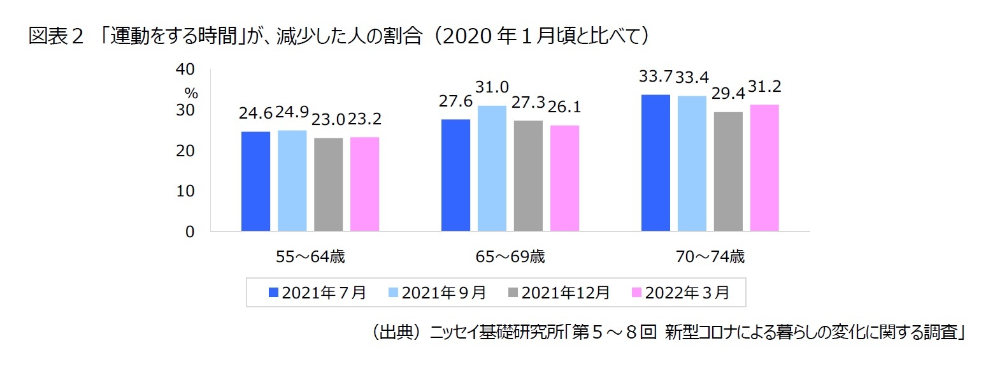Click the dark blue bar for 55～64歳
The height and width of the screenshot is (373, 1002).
[x=255, y=181]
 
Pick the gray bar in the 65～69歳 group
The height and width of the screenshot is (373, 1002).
[x=528, y=175]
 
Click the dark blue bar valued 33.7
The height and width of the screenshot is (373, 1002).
[x=655, y=163]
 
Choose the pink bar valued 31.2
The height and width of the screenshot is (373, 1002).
[x=764, y=167]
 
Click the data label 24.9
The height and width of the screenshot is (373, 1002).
[x=292, y=112]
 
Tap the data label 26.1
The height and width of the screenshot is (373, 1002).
[x=564, y=107]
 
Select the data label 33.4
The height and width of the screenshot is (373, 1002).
[x=692, y=78]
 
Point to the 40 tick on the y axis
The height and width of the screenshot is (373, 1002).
[x=185, y=69]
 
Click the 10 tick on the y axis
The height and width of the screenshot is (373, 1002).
[x=185, y=191]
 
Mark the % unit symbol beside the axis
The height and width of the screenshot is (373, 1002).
[x=191, y=94]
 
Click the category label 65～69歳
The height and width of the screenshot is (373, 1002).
[x=510, y=256]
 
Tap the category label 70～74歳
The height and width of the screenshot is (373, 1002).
[x=710, y=256]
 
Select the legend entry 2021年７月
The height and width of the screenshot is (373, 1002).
[x=317, y=293]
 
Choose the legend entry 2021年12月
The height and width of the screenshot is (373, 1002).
[x=559, y=293]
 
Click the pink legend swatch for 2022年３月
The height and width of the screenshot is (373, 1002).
[x=636, y=293]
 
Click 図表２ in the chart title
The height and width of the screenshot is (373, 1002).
[x=56, y=36]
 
